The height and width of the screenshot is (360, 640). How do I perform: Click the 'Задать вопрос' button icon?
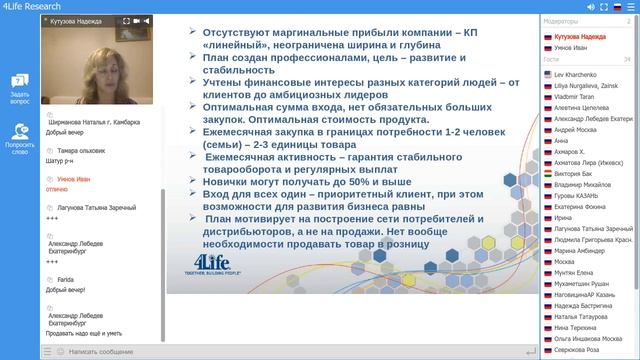coord(20,81)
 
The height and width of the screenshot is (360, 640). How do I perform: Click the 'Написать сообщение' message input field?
coord(110,351)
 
